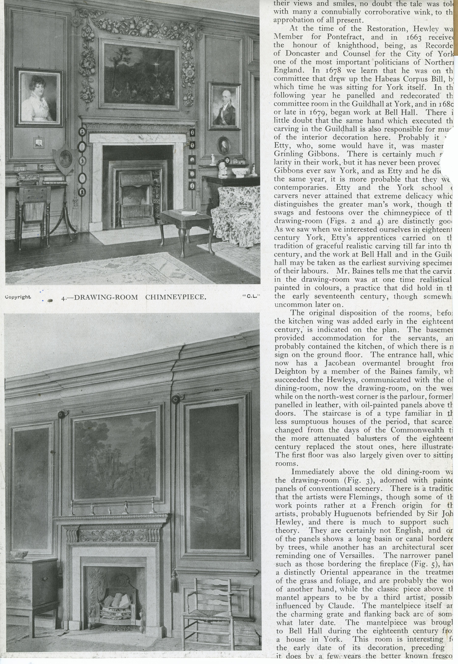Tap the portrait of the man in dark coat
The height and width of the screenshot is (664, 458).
(225, 106)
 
